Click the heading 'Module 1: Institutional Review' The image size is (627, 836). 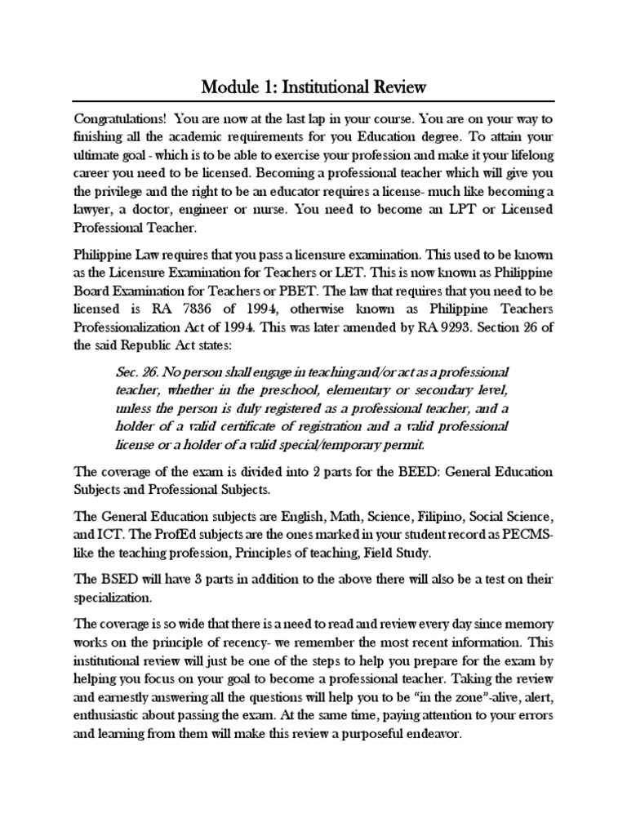[x=313, y=86]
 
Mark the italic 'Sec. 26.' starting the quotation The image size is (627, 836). [x=140, y=372]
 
